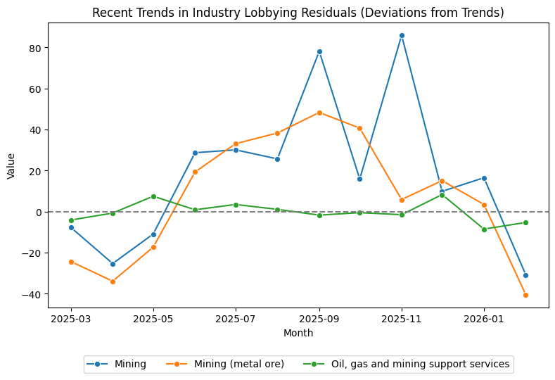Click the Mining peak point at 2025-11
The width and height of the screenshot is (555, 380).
click(x=402, y=35)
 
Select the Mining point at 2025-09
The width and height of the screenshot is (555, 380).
click(x=319, y=51)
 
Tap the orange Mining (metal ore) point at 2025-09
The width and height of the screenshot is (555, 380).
click(x=319, y=113)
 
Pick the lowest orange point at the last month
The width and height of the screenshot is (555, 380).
click(x=525, y=295)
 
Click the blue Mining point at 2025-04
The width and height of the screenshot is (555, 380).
click(x=113, y=264)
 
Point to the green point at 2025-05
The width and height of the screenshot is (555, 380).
click(x=153, y=196)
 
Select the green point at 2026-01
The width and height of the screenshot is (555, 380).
click(x=484, y=229)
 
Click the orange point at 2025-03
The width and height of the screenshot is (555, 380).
click(x=71, y=262)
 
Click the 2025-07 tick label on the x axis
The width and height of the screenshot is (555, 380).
click(x=236, y=318)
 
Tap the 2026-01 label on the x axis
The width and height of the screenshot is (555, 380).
click(x=484, y=318)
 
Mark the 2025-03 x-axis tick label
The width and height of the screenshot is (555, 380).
click(x=71, y=318)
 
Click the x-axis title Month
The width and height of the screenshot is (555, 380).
click(x=298, y=333)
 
